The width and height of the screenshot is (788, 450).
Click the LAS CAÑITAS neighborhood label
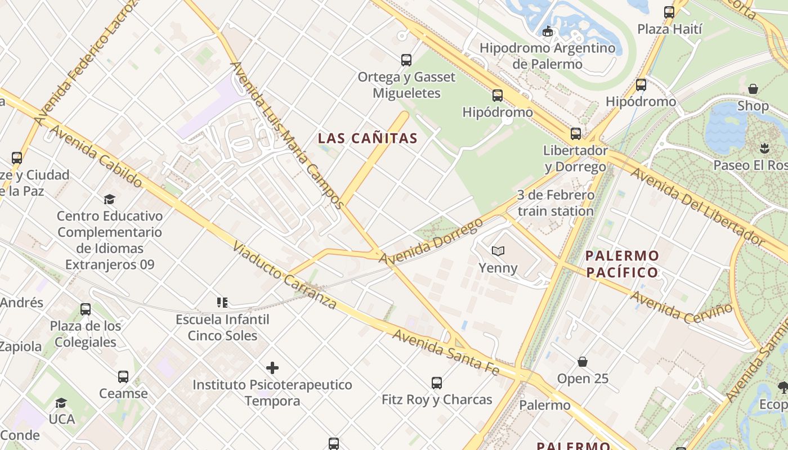click(368, 138)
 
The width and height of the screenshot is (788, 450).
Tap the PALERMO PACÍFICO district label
click(622, 264)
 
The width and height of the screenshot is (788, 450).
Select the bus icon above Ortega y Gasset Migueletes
click(406, 60)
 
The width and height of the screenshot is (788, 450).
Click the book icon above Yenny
click(498, 251)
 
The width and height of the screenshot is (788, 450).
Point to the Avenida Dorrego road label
click(431, 241)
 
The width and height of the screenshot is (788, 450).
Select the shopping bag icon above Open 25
click(583, 361)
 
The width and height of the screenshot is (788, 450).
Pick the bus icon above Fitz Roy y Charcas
click(436, 383)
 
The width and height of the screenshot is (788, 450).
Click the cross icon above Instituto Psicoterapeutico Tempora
click(272, 368)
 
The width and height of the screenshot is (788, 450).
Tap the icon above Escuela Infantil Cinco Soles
click(222, 303)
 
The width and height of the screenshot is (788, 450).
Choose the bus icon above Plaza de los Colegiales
click(85, 309)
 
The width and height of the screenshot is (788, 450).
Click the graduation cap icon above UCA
click(61, 403)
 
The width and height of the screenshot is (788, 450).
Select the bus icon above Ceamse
click(123, 376)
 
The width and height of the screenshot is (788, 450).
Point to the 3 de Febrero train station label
click(556, 203)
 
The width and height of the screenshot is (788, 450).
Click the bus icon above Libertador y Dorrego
click(575, 133)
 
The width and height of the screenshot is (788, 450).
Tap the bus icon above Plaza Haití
click(669, 12)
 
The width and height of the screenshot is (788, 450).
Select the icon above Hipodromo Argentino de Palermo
click(547, 31)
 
